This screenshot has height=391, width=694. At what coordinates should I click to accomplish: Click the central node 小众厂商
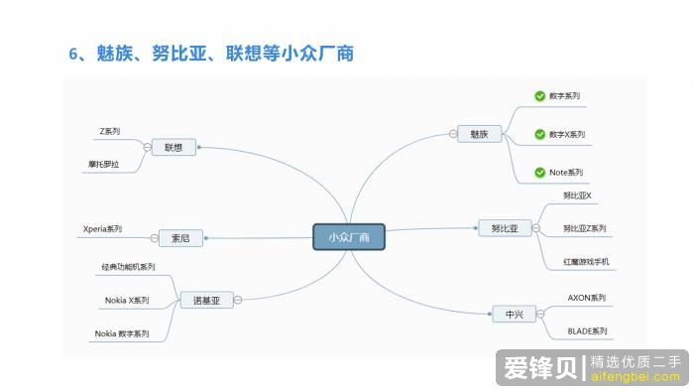click(x=349, y=237)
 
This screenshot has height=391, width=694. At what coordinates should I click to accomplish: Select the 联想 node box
click(x=174, y=147)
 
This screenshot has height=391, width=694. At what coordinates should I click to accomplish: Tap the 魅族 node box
click(x=479, y=133)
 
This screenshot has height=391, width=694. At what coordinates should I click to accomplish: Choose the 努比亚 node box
click(x=505, y=228)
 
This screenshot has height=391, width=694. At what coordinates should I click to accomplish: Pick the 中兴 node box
click(x=514, y=315)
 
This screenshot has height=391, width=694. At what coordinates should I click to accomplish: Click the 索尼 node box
click(x=180, y=237)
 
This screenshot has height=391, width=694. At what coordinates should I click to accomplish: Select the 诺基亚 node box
click(x=206, y=299)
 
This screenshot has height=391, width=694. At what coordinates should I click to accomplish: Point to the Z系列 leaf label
click(x=109, y=131)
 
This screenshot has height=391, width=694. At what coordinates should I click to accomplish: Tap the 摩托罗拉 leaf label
click(x=103, y=163)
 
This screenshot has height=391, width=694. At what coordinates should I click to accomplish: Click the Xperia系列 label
click(x=102, y=229)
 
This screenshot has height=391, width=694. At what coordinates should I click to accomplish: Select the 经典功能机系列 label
click(x=129, y=267)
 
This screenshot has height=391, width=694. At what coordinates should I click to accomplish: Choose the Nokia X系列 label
click(x=127, y=300)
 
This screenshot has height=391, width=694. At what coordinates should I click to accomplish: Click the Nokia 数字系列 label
click(x=122, y=334)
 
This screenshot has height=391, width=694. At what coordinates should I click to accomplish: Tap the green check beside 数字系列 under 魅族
click(x=539, y=97)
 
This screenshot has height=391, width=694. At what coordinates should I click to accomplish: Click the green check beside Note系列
click(x=539, y=173)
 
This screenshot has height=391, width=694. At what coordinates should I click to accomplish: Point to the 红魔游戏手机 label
click(x=586, y=262)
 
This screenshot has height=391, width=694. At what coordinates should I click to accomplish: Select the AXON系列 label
click(x=586, y=297)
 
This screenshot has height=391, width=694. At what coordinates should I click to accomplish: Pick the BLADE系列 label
click(x=587, y=330)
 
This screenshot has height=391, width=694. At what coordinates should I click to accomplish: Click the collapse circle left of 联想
click(x=147, y=147)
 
